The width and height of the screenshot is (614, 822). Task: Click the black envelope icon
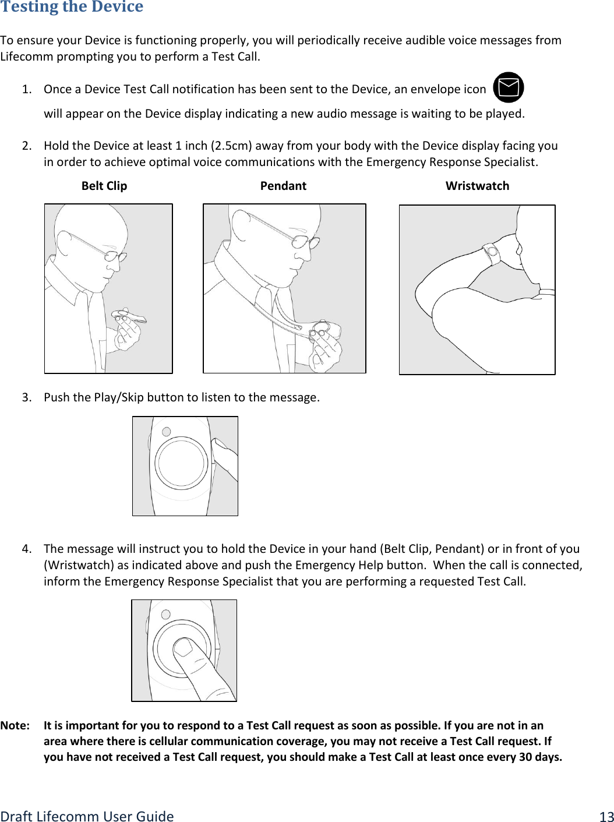point(508,87)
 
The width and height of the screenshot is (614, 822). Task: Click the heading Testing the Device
point(72,6)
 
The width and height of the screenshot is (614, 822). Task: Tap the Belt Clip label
point(104,186)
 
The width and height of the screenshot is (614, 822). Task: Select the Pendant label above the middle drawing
point(283,186)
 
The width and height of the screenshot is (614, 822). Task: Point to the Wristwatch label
point(477,186)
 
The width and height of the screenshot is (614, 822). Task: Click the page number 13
point(606,816)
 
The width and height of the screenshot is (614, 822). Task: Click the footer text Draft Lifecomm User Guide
point(87,816)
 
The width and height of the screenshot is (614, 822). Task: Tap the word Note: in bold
point(15,725)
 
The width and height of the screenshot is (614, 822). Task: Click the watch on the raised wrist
point(491,253)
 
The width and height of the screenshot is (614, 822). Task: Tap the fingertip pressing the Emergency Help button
point(184,647)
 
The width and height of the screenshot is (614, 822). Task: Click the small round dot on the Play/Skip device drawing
point(166,432)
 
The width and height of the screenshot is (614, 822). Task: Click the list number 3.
point(26,397)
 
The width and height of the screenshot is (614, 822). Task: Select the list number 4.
point(26,549)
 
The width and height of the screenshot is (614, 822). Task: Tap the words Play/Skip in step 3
point(119,397)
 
